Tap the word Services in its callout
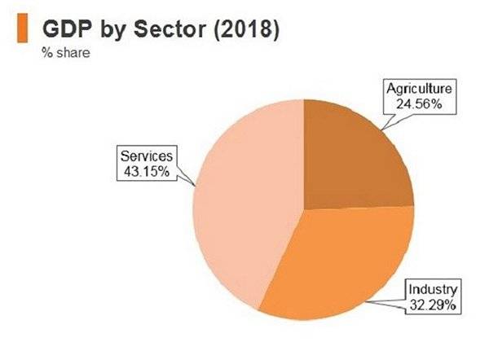pyautogui.click(x=146, y=156)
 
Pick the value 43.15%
pyautogui.click(x=146, y=171)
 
